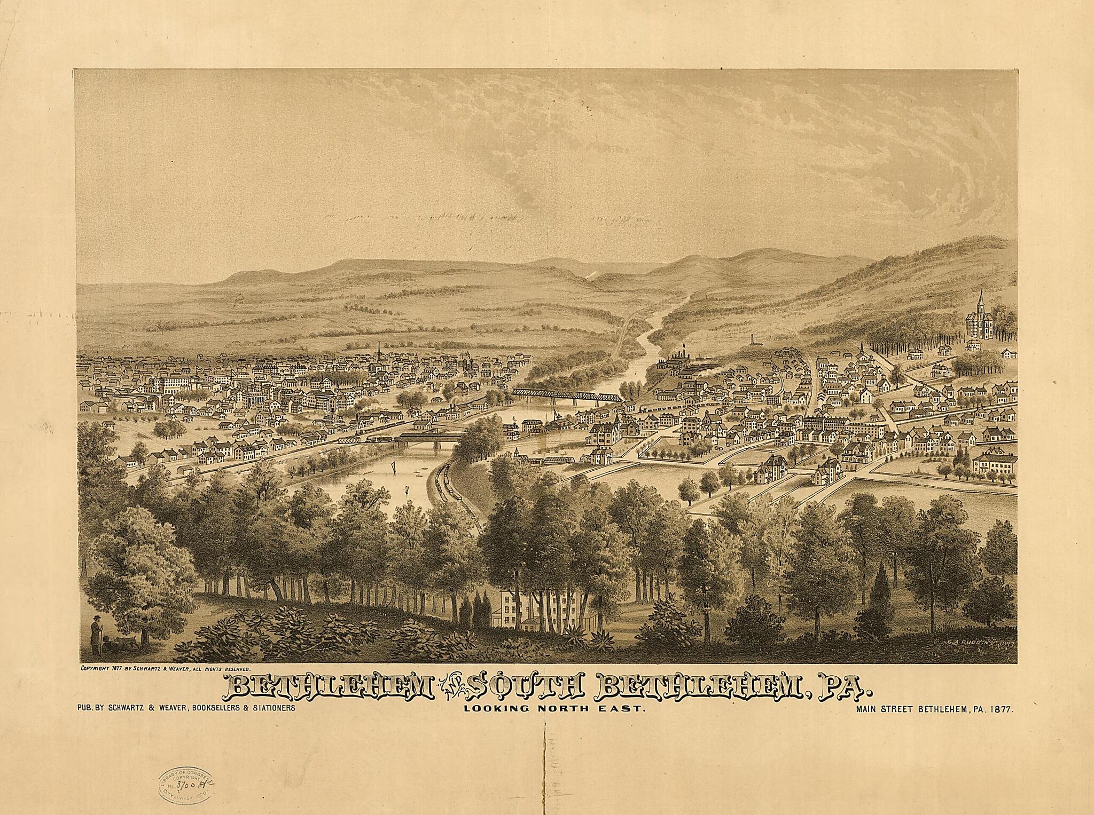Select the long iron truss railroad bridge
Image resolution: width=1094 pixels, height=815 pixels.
click(x=566, y=396)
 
